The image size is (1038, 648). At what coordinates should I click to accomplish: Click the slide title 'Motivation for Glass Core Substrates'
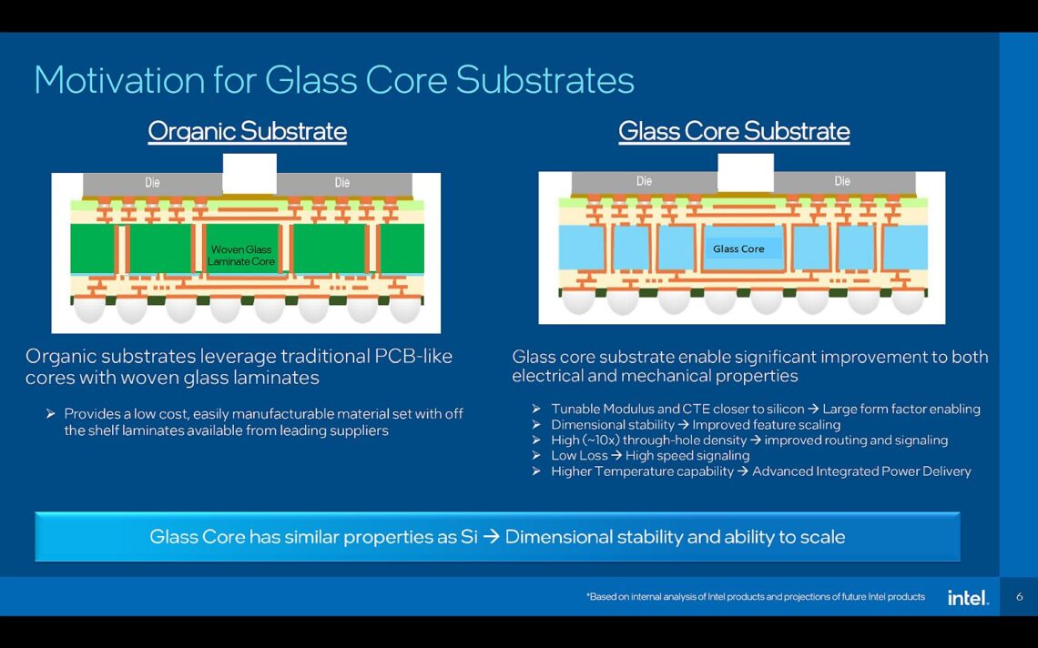click(333, 80)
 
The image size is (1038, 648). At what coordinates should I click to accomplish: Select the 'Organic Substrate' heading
click(247, 131)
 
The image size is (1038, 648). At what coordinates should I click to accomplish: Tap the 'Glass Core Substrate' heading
click(733, 131)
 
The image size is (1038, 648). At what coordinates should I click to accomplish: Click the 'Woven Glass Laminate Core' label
click(241, 256)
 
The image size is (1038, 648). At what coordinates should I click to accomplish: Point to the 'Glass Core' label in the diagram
click(738, 248)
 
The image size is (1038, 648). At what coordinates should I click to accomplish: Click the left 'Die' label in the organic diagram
click(152, 183)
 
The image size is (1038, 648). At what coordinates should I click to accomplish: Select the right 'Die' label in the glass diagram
click(842, 181)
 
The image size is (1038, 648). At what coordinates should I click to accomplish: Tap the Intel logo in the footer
click(967, 597)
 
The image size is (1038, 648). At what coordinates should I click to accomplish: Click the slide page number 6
click(1019, 597)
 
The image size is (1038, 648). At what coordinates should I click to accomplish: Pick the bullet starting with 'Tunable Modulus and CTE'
click(765, 409)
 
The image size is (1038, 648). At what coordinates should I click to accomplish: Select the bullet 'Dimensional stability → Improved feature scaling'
click(695, 424)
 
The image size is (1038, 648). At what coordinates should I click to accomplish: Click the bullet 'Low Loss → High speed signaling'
click(649, 455)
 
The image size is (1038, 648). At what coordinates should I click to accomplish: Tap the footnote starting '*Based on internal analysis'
click(755, 597)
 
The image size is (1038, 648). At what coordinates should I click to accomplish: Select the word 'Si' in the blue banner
click(469, 537)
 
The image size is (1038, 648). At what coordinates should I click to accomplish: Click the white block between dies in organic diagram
click(249, 173)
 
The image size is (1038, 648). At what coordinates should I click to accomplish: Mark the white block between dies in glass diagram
click(745, 172)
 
